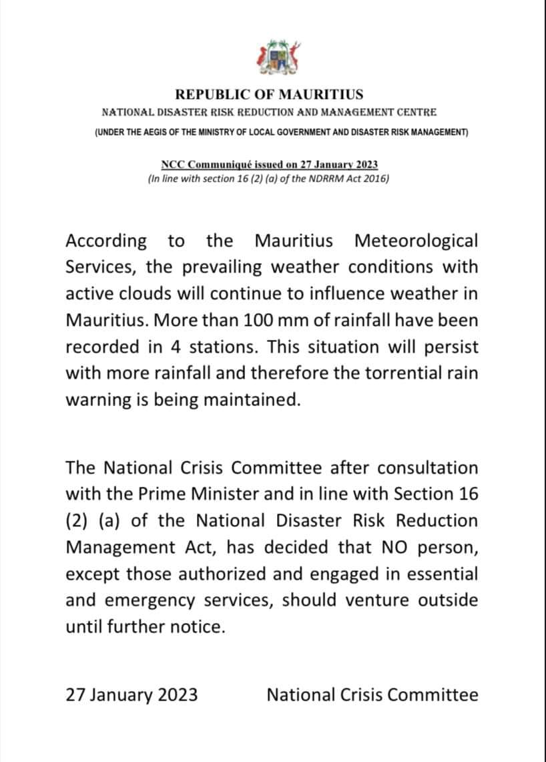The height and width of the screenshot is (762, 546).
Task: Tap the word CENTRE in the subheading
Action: [418, 114]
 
